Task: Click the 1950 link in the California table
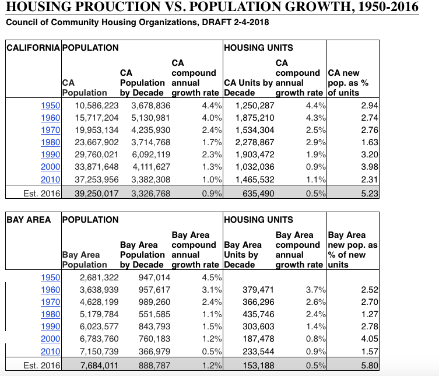tap(50, 106)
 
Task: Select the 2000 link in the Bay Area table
tap(50, 339)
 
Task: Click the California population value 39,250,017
tap(97, 194)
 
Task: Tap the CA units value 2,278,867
tap(255, 142)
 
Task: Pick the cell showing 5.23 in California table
tap(370, 194)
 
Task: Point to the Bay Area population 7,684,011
tap(99, 366)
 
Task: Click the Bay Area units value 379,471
tap(258, 290)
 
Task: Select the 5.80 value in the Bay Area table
tap(370, 366)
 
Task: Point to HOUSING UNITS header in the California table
tap(258, 48)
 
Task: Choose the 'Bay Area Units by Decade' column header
tap(243, 255)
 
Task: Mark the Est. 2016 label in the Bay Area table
tap(42, 366)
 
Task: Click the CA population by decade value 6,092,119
tap(151, 154)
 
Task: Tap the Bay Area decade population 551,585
tap(154, 314)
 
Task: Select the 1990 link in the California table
tap(50, 154)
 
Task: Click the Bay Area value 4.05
tap(370, 339)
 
